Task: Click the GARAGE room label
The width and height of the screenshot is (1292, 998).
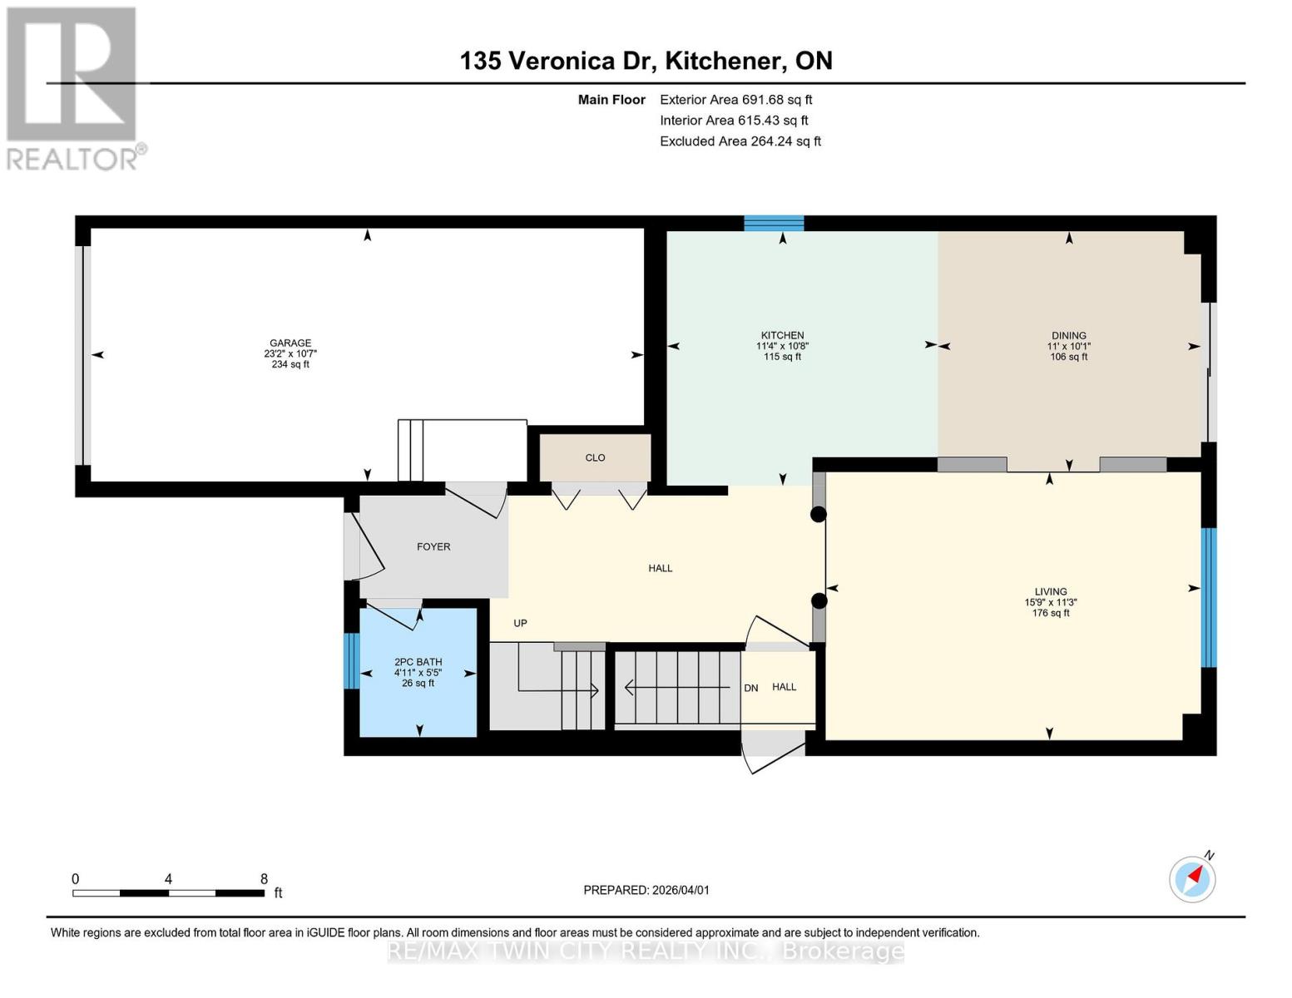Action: point(290,343)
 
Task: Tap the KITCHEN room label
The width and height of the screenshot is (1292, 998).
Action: point(782,335)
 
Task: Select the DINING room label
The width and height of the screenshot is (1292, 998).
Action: point(1068,335)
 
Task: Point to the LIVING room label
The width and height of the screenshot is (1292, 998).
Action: point(1051,591)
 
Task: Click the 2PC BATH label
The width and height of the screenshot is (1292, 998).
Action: point(418,662)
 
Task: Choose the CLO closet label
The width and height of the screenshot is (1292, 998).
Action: point(595,457)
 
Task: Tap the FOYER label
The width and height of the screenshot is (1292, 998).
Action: point(433,546)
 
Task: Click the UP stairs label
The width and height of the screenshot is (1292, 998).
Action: point(520,623)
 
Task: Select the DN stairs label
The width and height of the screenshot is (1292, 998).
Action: point(750,688)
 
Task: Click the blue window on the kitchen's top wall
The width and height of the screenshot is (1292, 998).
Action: point(774,222)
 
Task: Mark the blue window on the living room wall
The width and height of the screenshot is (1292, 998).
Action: point(1209,597)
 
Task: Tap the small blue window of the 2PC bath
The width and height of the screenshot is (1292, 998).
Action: point(352,660)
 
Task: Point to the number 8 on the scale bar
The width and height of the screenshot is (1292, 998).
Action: point(264,879)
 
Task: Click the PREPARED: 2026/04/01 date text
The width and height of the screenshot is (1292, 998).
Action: point(646,890)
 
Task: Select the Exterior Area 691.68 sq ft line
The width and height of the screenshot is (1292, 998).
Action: point(735,100)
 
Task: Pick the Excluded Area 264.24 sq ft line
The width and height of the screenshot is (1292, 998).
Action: point(740,141)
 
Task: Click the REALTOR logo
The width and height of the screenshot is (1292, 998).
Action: point(76,87)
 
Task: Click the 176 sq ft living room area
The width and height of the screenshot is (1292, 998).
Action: point(1051,613)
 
